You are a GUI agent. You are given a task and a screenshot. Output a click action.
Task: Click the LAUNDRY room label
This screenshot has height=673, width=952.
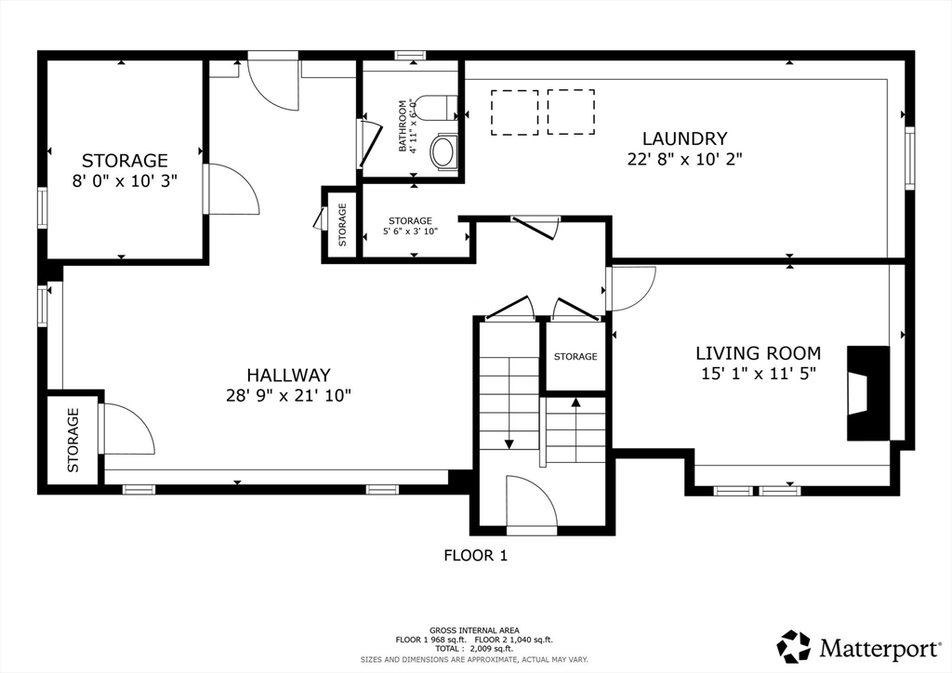click(684, 139)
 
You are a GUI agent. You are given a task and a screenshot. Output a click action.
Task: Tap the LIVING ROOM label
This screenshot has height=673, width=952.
click(758, 353)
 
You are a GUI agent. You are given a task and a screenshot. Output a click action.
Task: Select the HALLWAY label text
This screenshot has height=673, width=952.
click(288, 375)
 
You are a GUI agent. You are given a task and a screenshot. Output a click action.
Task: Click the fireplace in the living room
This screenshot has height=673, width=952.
click(868, 392)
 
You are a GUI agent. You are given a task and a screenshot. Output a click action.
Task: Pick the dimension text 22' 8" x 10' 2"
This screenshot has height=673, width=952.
click(685, 159)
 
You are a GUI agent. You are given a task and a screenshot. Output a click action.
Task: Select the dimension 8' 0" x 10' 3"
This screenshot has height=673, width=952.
click(125, 181)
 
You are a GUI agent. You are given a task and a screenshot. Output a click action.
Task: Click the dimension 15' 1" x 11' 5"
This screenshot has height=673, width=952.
click(758, 373)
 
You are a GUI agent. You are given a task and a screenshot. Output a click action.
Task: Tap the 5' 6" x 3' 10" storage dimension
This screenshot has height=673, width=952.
click(410, 231)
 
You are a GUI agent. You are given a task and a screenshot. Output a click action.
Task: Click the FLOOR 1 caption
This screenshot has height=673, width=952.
click(475, 555)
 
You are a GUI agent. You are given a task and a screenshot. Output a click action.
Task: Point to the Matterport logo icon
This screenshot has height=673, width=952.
click(794, 647)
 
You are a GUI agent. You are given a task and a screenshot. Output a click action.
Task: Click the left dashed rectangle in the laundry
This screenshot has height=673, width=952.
click(514, 112)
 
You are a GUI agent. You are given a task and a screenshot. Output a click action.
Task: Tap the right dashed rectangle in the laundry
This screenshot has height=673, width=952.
click(571, 112)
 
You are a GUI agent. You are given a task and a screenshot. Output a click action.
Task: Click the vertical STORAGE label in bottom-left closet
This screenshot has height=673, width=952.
click(73, 441)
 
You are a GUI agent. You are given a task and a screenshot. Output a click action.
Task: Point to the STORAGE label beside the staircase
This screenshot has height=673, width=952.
click(575, 357)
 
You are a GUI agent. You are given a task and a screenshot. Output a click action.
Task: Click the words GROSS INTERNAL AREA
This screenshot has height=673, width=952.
click(474, 630)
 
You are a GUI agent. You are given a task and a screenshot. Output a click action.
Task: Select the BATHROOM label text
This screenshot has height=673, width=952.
click(403, 126)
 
